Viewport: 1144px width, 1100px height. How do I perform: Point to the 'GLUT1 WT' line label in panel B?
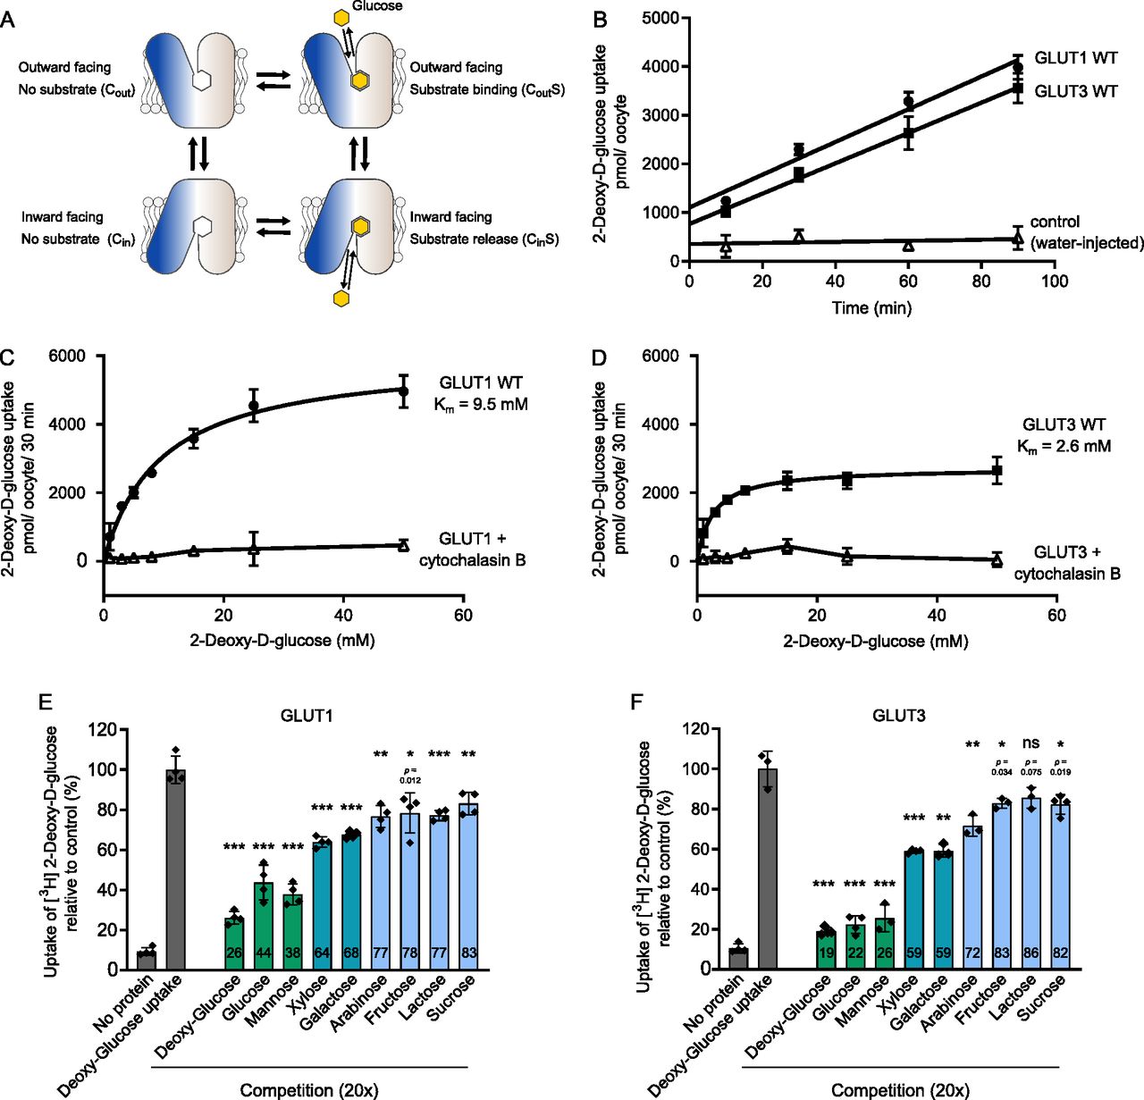pos(1075,58)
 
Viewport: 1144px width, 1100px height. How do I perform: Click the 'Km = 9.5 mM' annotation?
pos(481,405)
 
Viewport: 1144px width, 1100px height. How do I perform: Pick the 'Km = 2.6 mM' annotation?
pos(1064,446)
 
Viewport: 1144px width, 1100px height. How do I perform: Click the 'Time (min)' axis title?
pos(871,308)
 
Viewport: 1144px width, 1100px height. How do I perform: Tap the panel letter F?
pos(636,701)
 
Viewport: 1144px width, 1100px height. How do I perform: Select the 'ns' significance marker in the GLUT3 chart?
pos(1030,743)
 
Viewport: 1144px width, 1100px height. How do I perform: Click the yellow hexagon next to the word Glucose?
pos(341,17)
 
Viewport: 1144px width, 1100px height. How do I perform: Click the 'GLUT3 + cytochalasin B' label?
pos(1067,563)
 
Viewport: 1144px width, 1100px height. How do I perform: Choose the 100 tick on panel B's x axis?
pos(1055,281)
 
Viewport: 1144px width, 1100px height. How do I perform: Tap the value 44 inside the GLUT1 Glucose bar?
pos(264,953)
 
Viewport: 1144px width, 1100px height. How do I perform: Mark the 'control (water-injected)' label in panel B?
pos(1086,232)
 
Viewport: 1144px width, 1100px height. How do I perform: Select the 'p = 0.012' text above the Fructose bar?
pos(410,774)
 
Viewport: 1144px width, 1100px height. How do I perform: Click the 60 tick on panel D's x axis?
pos(1056,615)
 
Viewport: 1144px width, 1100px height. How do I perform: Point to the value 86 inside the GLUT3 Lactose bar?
pos(1030,953)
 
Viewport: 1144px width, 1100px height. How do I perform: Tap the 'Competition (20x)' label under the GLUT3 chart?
pos(900,1090)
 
